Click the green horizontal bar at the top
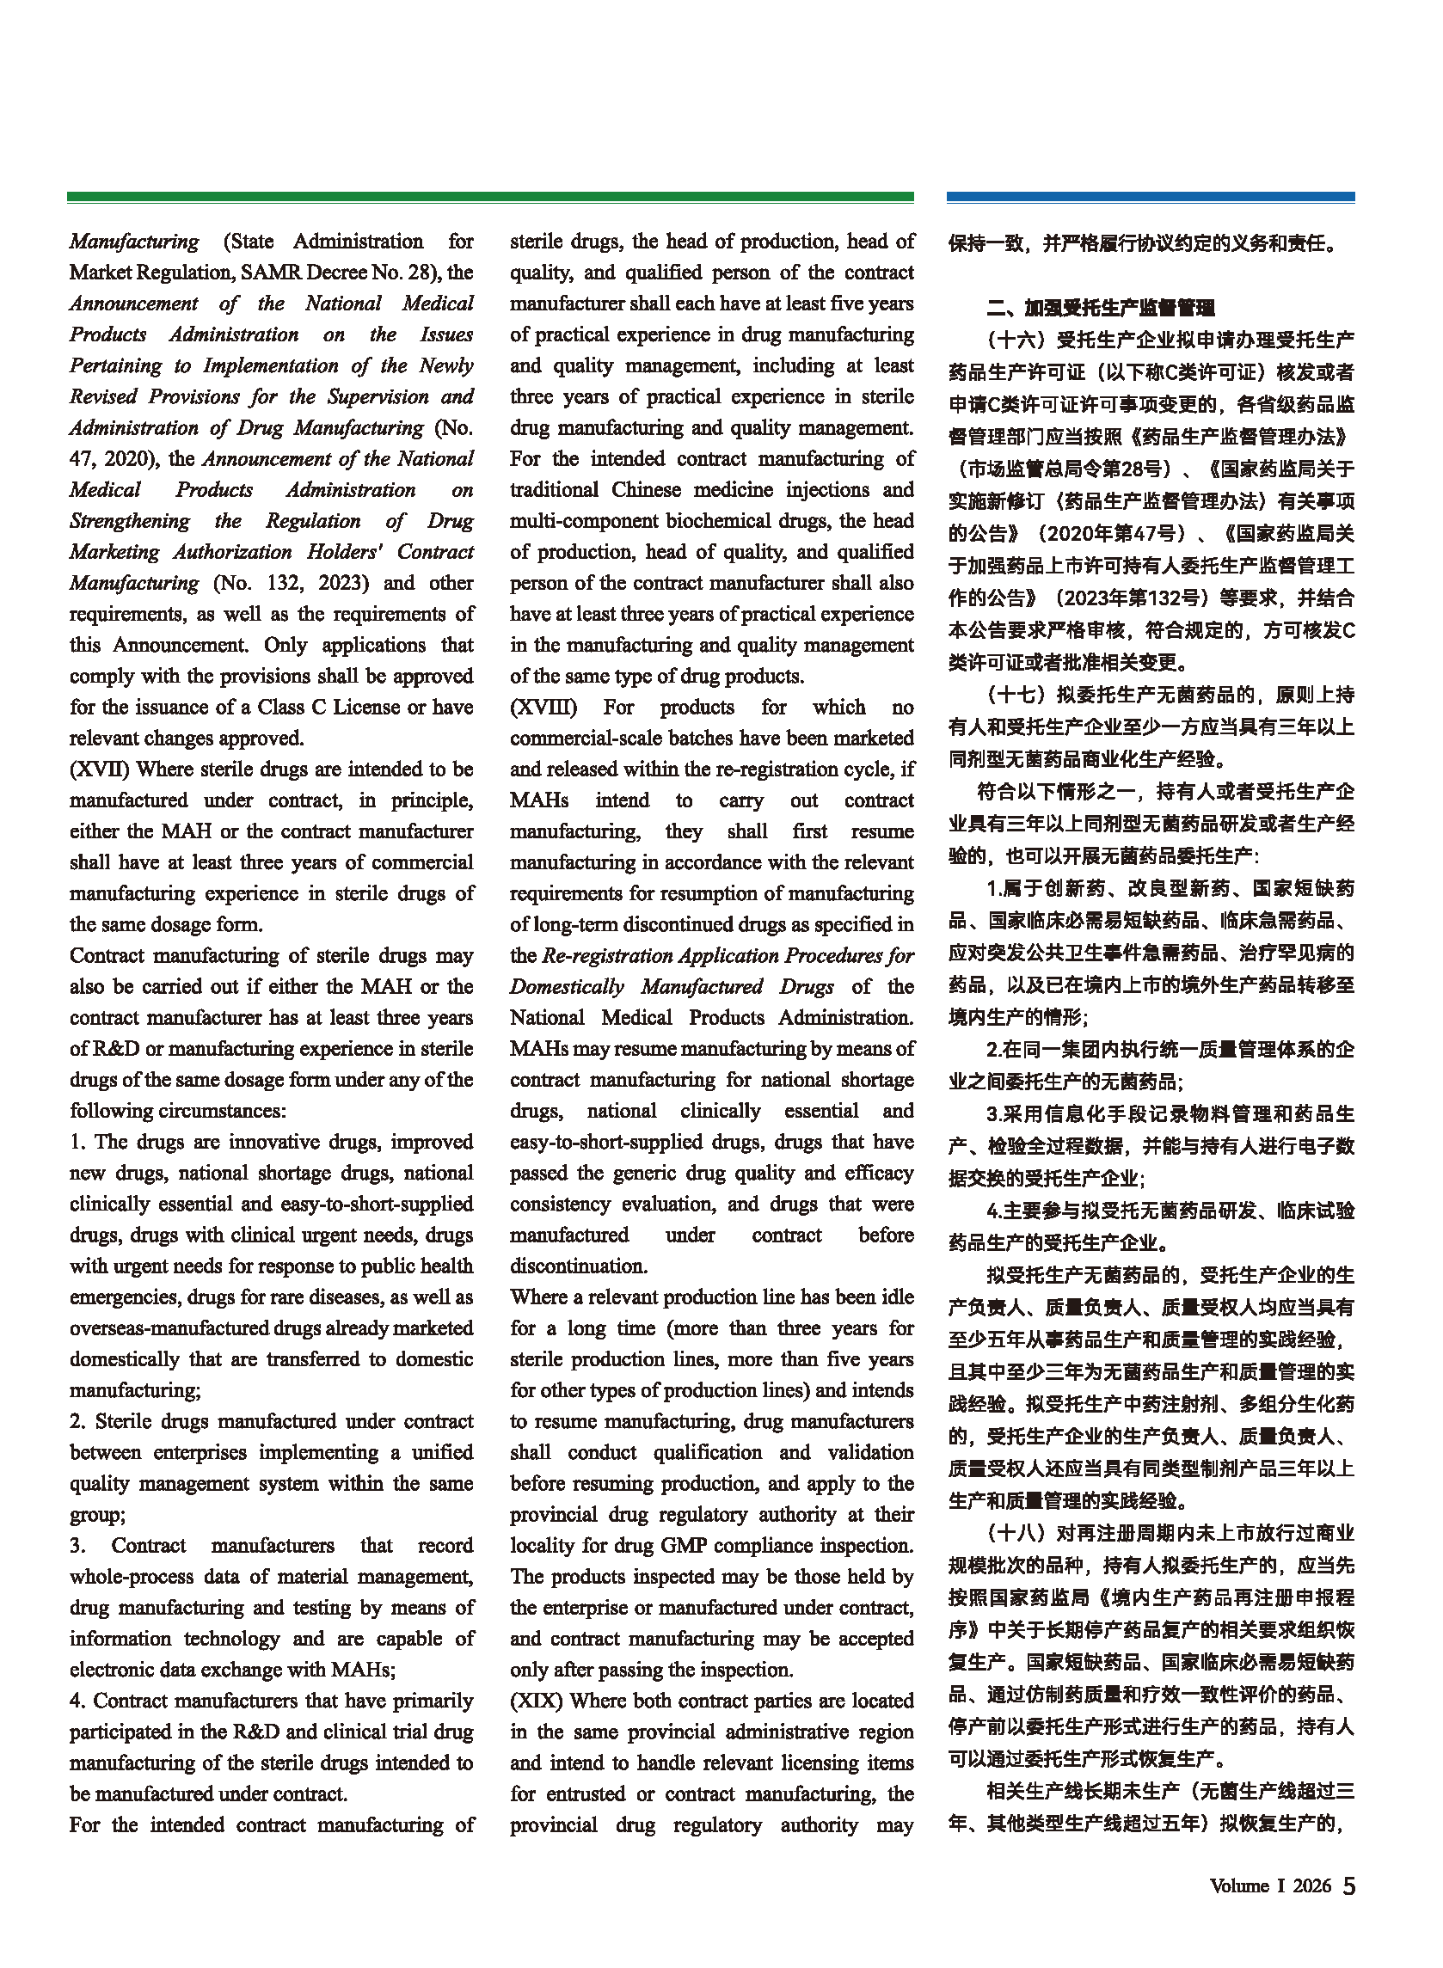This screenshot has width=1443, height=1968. click(490, 198)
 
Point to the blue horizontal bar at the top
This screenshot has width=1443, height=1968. click(1151, 198)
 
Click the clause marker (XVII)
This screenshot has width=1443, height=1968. click(100, 769)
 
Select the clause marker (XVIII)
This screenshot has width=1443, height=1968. click(543, 708)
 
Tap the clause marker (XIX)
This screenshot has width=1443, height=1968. click(537, 1701)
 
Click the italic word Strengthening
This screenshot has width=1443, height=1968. click(130, 521)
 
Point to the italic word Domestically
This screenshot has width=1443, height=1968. click(566, 987)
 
